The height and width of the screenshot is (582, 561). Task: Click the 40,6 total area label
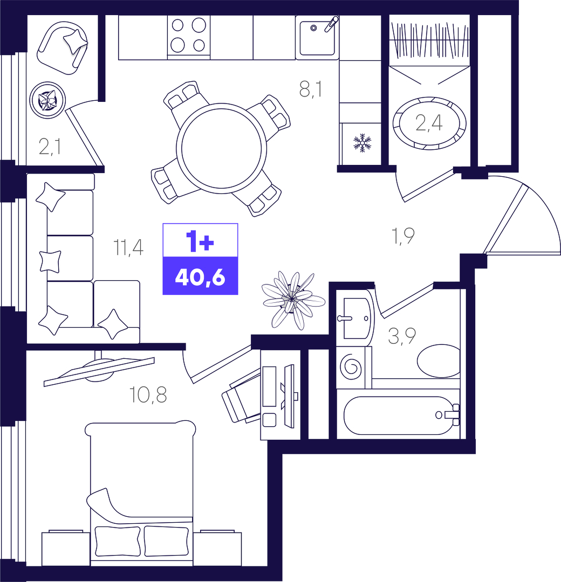tap(200, 276)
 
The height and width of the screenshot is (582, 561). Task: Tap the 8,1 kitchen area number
tap(311, 89)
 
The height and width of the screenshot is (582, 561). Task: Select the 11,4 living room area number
tap(128, 247)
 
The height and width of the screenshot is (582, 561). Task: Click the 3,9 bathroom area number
tap(402, 336)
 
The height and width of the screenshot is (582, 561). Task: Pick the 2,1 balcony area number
tap(50, 147)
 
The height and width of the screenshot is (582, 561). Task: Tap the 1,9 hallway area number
tap(403, 236)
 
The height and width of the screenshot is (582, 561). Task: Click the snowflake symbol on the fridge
tap(362, 143)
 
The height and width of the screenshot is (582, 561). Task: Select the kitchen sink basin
tap(317, 38)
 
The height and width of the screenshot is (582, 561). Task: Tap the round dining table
tap(221, 149)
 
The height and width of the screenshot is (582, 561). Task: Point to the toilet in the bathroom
tap(439, 361)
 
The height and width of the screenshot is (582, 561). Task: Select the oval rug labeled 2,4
tap(429, 123)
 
